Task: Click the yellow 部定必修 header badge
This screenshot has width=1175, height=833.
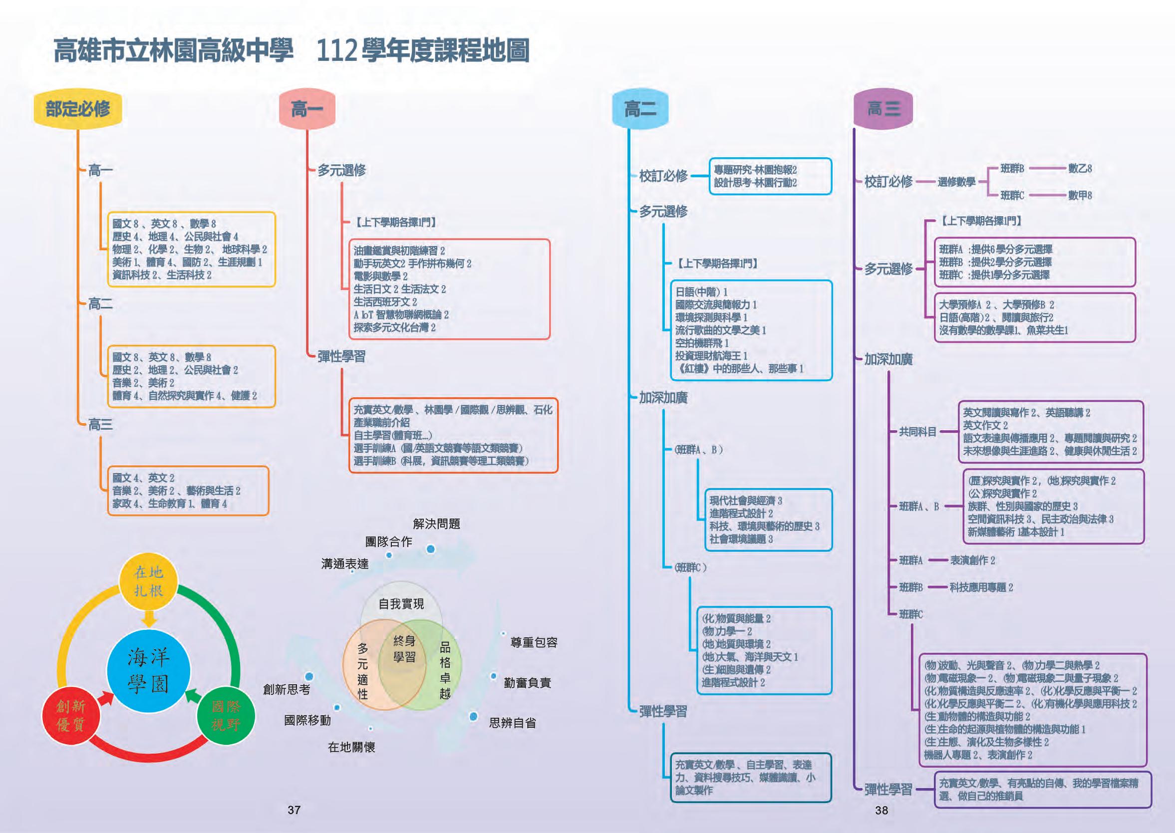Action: point(77,109)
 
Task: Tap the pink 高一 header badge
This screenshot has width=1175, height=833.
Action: point(306,109)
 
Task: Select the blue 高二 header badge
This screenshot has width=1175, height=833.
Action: point(640,109)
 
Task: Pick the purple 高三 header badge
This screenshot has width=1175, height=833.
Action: point(883,109)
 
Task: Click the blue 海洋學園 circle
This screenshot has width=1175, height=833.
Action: point(148,671)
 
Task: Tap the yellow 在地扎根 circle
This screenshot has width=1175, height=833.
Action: point(148,581)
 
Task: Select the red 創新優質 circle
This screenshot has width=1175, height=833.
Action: point(71,716)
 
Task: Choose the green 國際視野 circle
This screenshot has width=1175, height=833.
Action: point(226,716)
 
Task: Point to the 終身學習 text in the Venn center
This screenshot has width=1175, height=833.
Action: point(404,649)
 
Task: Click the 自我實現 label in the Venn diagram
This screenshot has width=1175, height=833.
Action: point(401,604)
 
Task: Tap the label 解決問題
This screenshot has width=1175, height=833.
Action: point(436,524)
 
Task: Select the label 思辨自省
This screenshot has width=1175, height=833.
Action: point(512,723)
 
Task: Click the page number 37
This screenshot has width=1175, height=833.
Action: point(294,810)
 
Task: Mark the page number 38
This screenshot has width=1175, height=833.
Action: point(881,810)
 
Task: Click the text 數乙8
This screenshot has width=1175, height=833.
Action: point(1080,168)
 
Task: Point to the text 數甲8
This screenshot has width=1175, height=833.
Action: point(1080,196)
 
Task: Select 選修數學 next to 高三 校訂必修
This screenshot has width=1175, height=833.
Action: point(956,182)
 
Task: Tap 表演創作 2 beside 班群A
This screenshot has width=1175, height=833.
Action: point(972,560)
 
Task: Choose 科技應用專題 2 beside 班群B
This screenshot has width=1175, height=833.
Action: point(981,587)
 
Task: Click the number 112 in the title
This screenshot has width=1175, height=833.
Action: point(336,52)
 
